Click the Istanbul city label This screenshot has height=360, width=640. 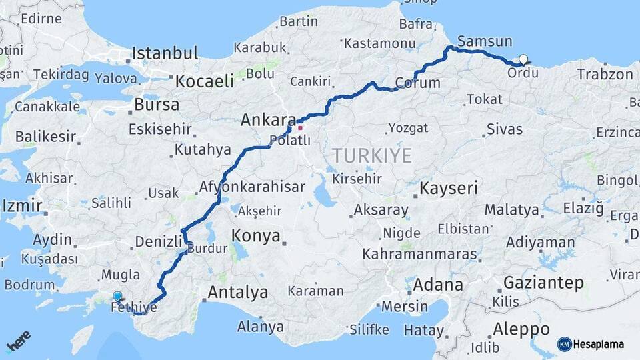(x=165, y=53)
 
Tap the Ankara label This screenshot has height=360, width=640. (x=268, y=121)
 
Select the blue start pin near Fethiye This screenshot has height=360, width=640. (x=117, y=296)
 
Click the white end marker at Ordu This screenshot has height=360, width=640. (x=523, y=59)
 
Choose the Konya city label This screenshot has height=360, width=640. (x=255, y=235)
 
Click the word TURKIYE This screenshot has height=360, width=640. (x=371, y=155)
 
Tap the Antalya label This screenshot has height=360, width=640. (x=237, y=292)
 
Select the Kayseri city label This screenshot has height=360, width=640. (x=448, y=189)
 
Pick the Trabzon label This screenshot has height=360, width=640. (x=605, y=74)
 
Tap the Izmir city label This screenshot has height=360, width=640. (x=22, y=205)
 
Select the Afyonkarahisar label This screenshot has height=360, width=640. (x=252, y=187)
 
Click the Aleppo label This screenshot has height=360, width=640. (x=521, y=329)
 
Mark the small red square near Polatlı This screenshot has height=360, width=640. (x=300, y=128)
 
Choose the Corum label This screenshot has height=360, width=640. (x=418, y=83)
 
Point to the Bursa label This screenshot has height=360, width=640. (x=157, y=105)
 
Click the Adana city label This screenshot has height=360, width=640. (x=437, y=285)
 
